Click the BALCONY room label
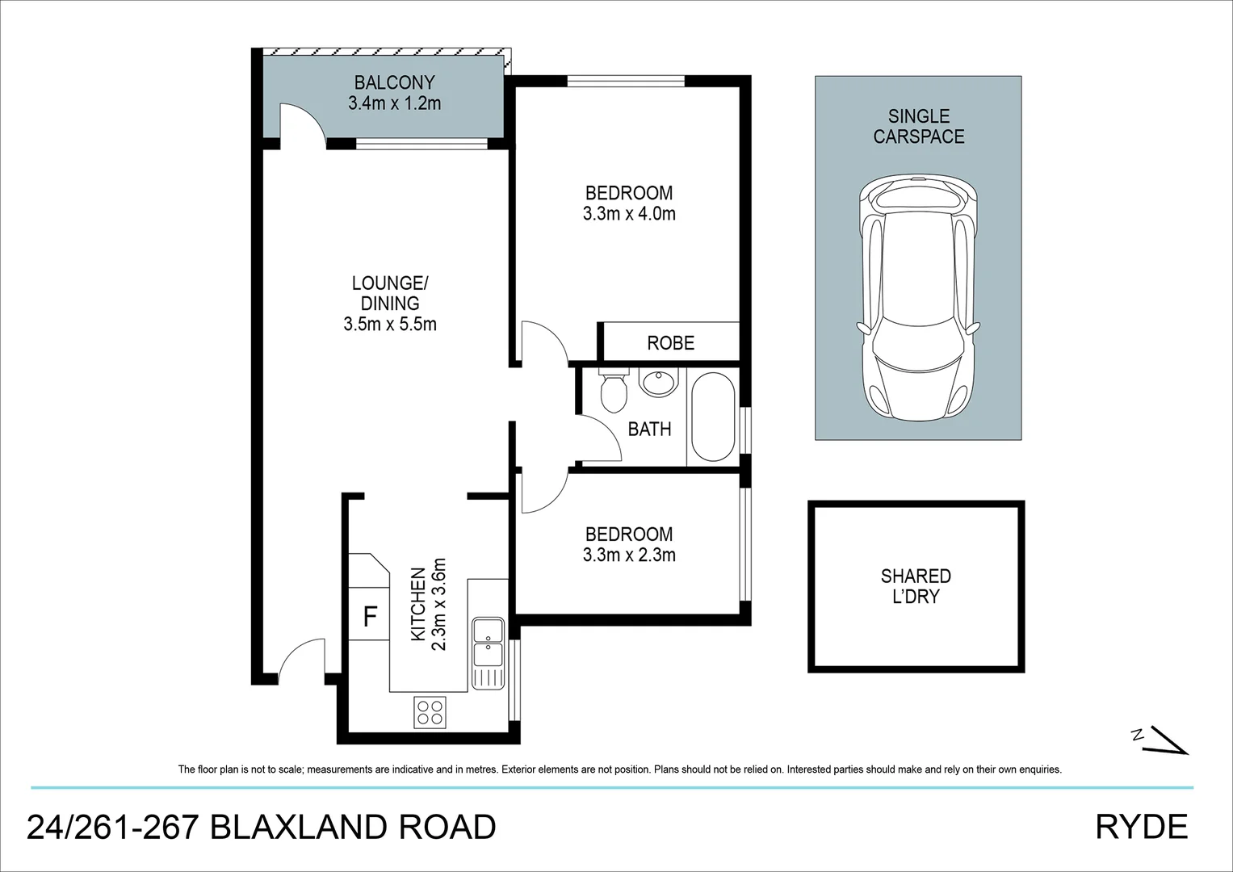coord(394,82)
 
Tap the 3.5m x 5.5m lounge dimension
coord(389,325)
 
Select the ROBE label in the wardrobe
coord(670,343)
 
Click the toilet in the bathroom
coord(614,391)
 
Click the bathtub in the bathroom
coord(712,417)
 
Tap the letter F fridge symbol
coord(370,618)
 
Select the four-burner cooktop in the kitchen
coord(429,711)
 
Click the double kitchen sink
coord(488,642)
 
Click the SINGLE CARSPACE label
coord(918,127)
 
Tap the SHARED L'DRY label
coord(916,586)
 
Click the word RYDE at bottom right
coord(1142,827)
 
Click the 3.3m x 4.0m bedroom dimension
coord(628,214)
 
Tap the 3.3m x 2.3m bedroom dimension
coord(628,555)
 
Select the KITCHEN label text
coord(418,605)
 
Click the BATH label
coord(649,429)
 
